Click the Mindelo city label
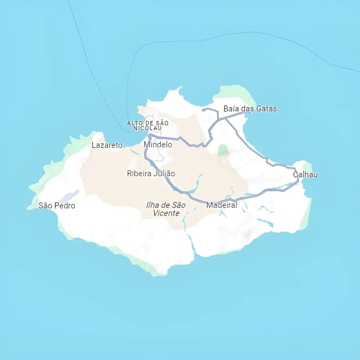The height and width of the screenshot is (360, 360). pyautogui.click(x=158, y=144)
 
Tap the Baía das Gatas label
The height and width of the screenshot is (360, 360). pyautogui.click(x=250, y=108)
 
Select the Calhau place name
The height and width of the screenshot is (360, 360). pyautogui.click(x=305, y=174)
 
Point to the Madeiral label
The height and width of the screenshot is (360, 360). pyautogui.click(x=221, y=205)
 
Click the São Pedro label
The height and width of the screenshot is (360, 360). pyautogui.click(x=57, y=206)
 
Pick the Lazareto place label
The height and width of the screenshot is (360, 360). pyautogui.click(x=107, y=145)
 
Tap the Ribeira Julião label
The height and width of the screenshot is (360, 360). pyautogui.click(x=151, y=174)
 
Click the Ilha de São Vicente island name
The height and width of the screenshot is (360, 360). pyautogui.click(x=166, y=209)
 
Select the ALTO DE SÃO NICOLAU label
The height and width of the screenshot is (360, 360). pyautogui.click(x=148, y=125)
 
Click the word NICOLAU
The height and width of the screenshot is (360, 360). pyautogui.click(x=148, y=128)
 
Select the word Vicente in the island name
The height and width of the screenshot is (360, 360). pyautogui.click(x=166, y=213)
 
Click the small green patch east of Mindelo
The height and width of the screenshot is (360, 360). pyautogui.click(x=223, y=150)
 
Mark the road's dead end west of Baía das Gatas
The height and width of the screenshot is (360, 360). pyautogui.click(x=203, y=109)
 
